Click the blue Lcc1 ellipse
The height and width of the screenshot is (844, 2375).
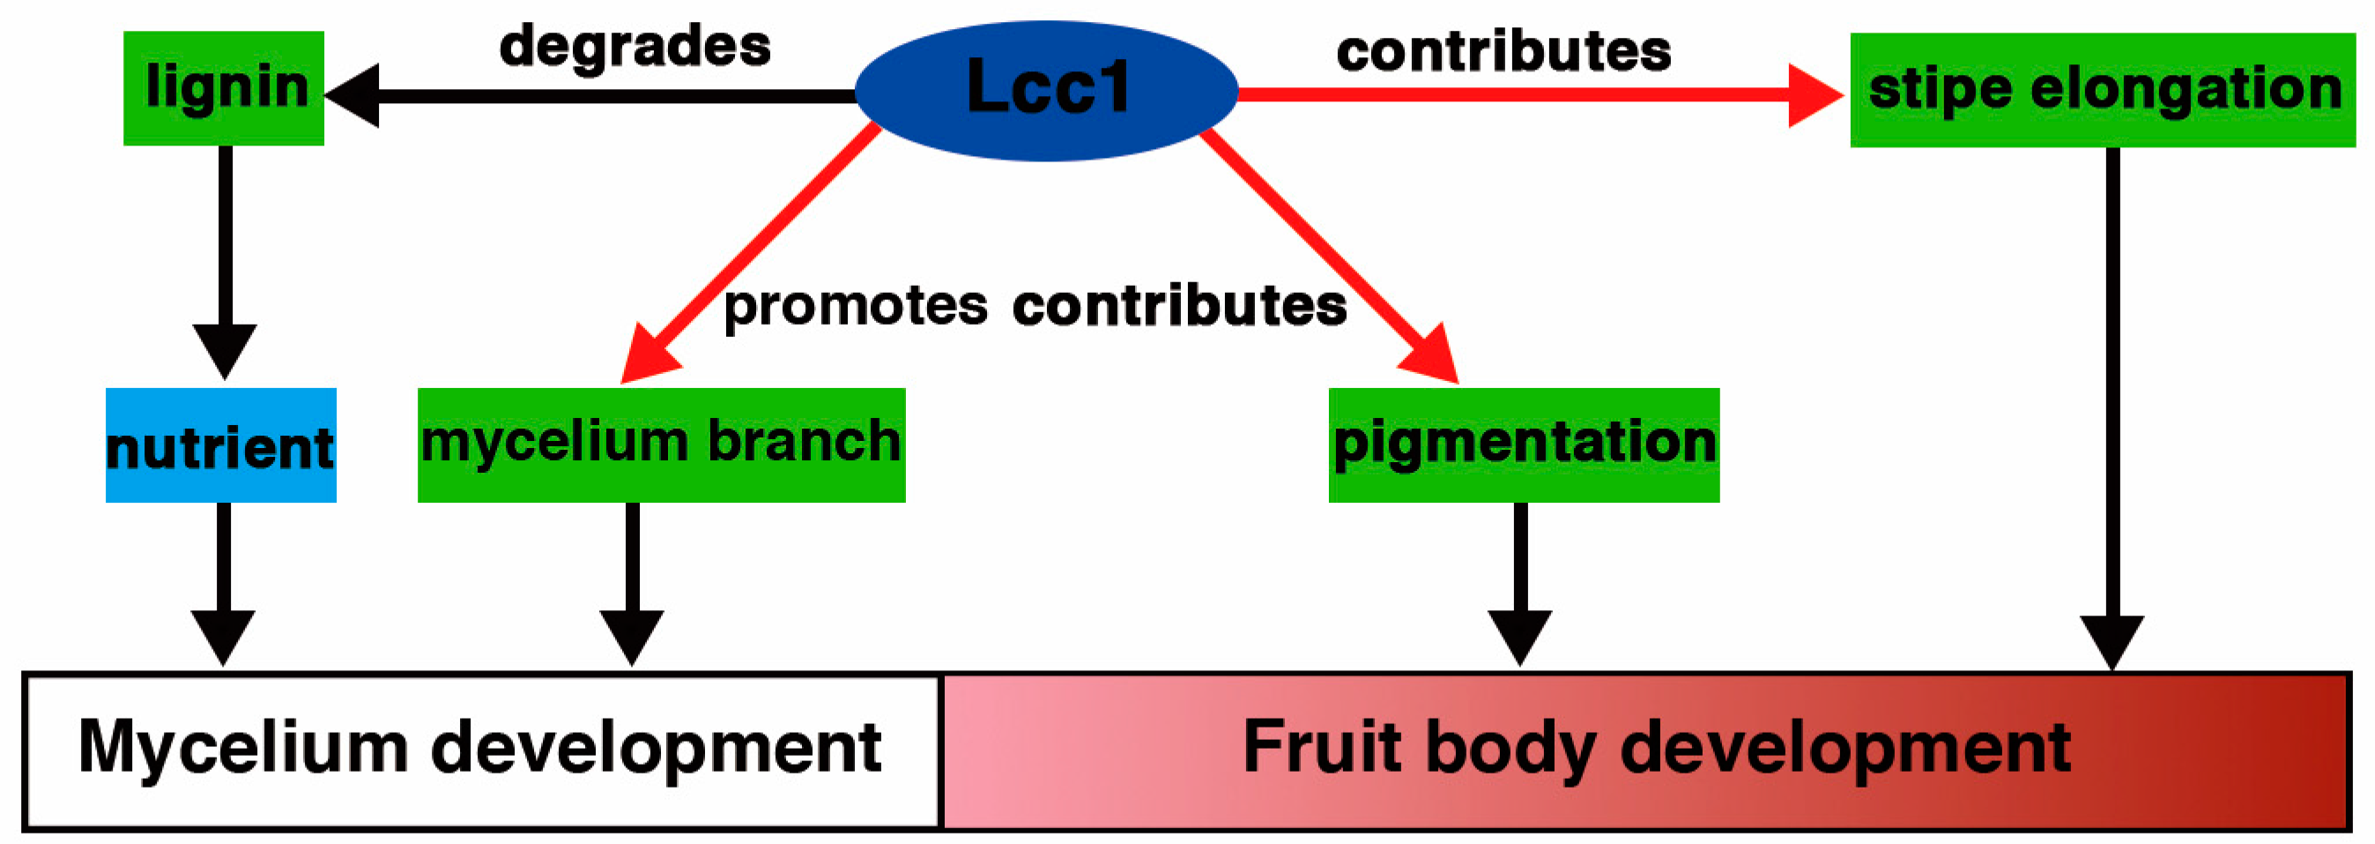[1046, 90]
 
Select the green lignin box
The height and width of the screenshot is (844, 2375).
[224, 88]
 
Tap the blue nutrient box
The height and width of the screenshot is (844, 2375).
[220, 445]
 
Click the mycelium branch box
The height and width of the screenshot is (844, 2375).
[661, 444]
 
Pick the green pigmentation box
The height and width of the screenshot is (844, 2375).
[1523, 444]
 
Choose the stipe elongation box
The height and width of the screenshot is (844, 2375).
[2102, 90]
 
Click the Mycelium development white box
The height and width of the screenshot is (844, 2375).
[480, 751]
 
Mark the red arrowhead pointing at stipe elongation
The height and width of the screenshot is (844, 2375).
[1812, 95]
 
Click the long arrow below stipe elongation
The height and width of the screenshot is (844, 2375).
[2112, 406]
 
